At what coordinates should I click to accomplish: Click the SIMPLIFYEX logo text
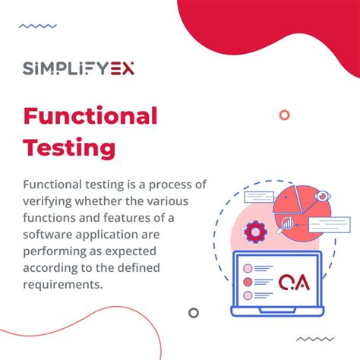(79, 69)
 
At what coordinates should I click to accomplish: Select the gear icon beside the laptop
(254, 231)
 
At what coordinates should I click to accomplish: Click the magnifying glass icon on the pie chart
(288, 223)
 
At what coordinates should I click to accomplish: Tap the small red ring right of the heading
(284, 115)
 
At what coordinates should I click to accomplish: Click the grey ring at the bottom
(194, 312)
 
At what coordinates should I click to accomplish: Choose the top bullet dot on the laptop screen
(247, 268)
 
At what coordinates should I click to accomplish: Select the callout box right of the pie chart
(327, 224)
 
